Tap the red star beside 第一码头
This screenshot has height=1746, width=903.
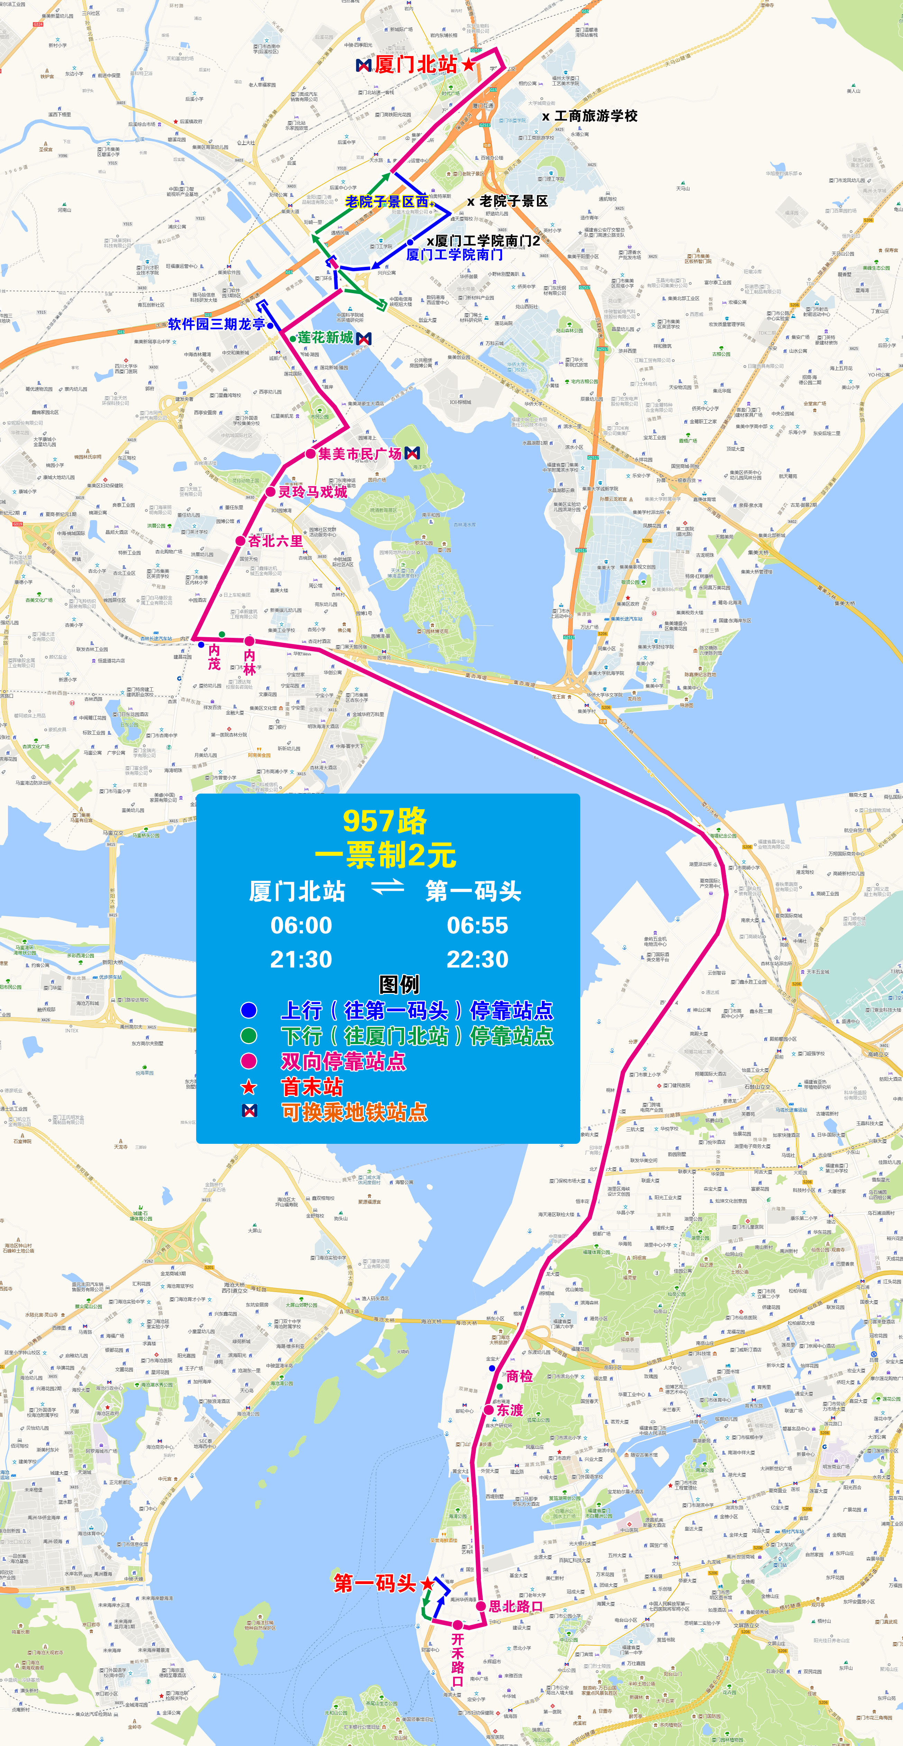click(427, 1583)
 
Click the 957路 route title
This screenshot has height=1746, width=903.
click(385, 821)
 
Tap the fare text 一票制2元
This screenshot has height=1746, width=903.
click(385, 856)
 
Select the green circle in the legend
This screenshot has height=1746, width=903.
click(249, 1036)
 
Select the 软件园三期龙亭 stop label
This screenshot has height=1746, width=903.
click(217, 324)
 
